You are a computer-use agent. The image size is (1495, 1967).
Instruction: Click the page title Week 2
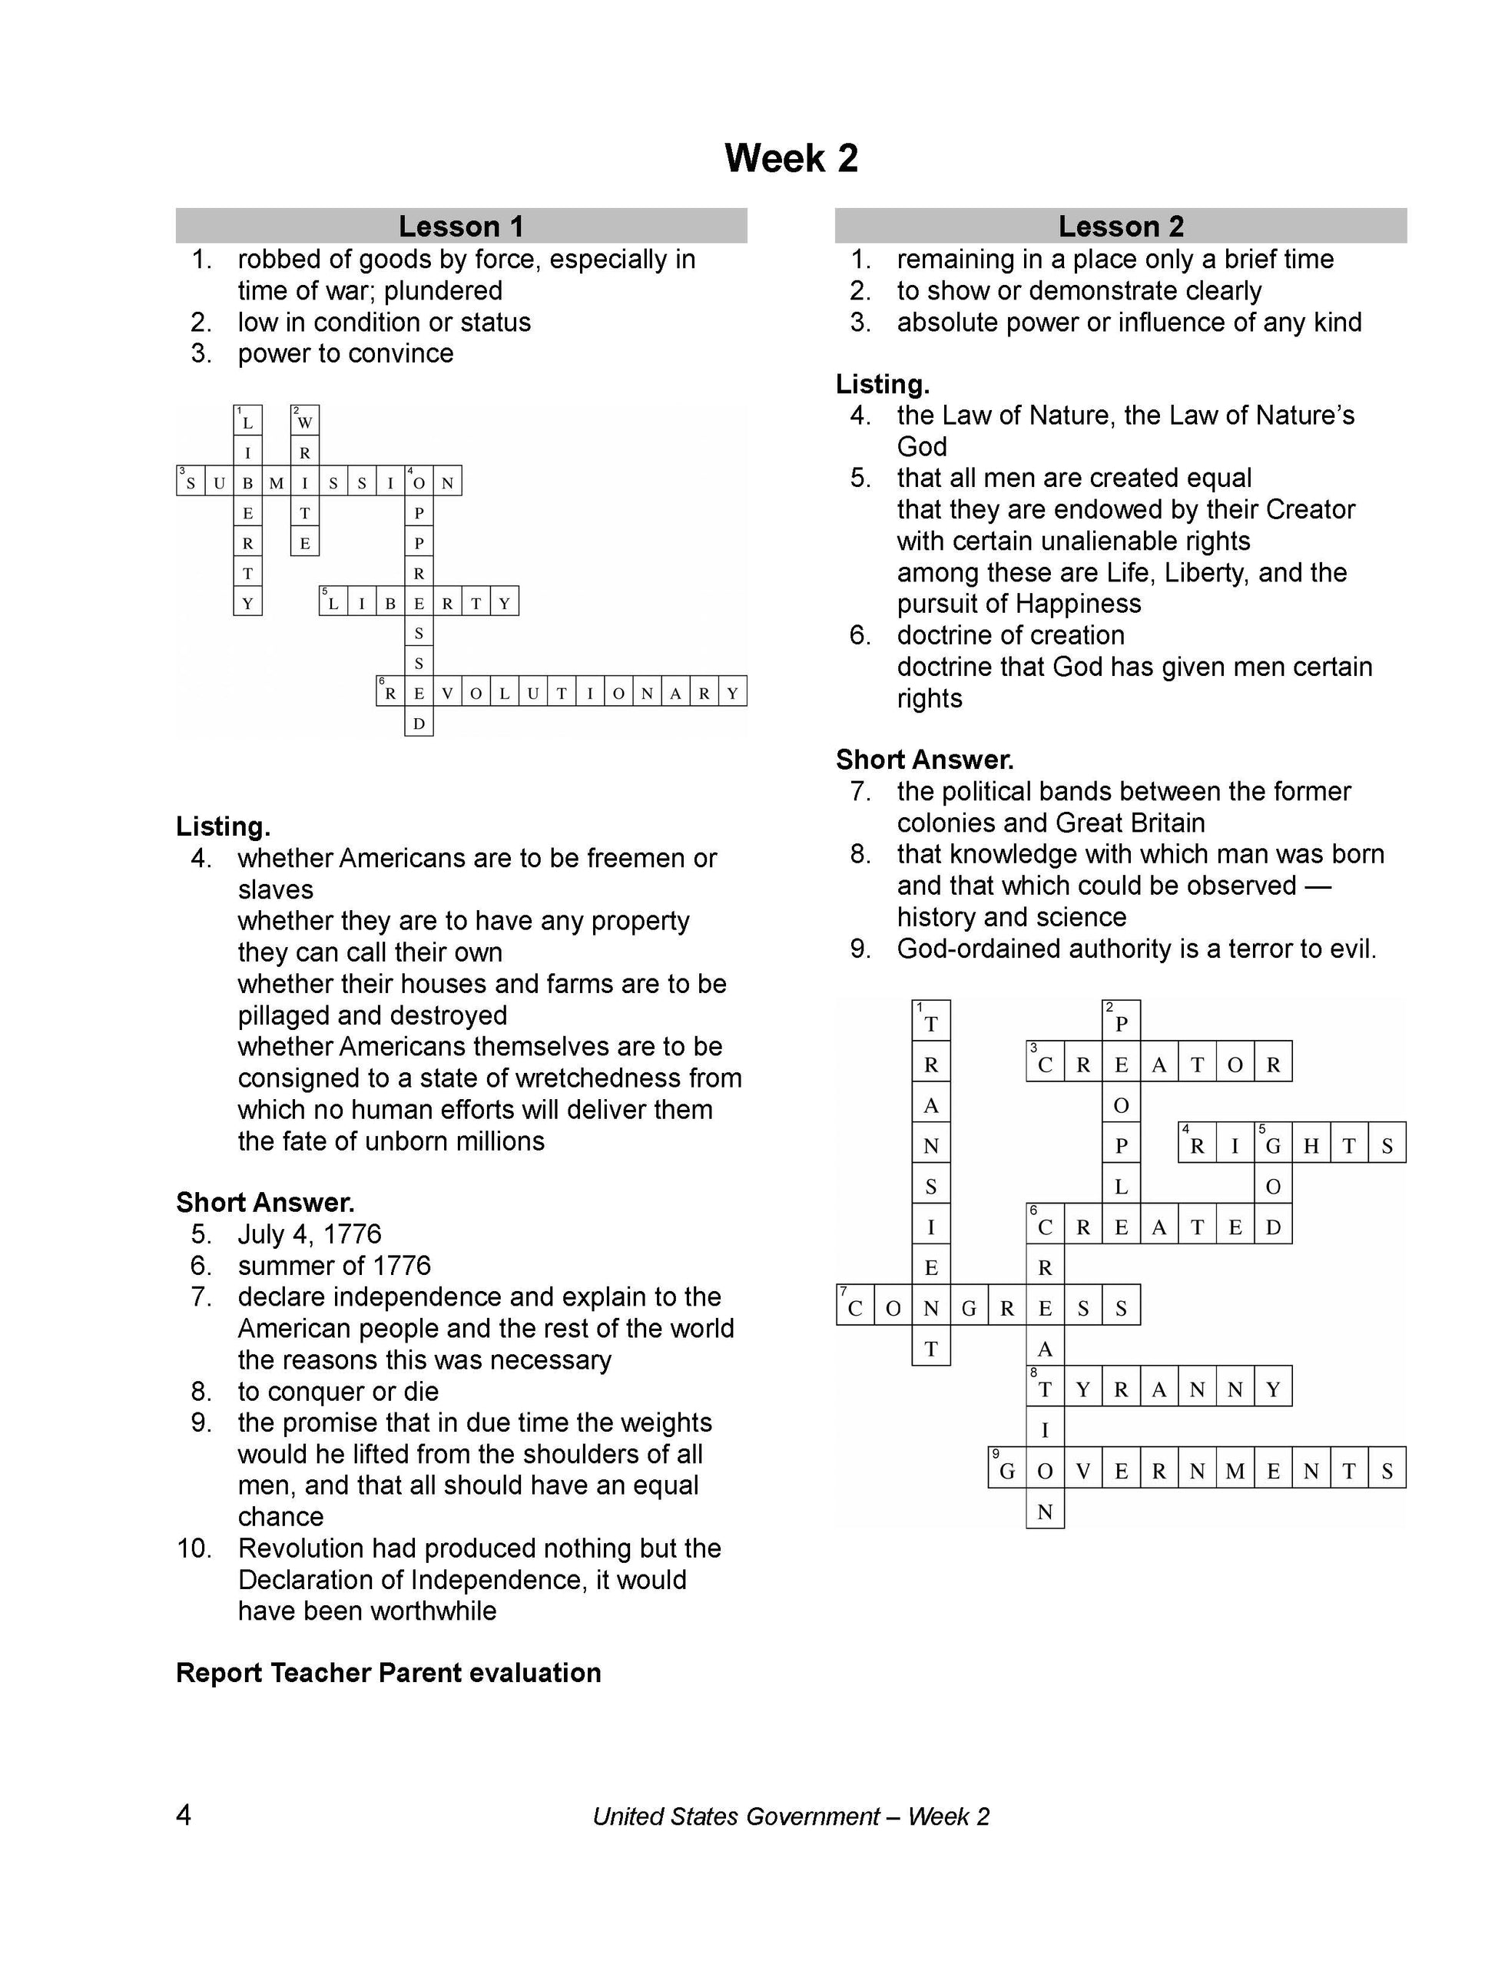(x=791, y=158)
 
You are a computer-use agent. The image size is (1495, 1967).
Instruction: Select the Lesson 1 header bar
(x=461, y=226)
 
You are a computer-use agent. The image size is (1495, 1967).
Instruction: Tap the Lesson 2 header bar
(x=1120, y=226)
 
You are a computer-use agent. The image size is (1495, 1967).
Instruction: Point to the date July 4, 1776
(x=309, y=1234)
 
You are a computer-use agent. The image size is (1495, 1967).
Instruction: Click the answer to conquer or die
(x=337, y=1390)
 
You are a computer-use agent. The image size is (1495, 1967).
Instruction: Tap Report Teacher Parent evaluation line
(x=388, y=1673)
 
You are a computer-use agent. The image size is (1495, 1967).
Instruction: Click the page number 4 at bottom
(x=184, y=1815)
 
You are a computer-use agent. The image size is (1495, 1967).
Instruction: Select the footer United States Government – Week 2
(x=791, y=1816)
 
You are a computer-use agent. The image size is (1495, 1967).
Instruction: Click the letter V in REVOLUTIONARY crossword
(x=448, y=693)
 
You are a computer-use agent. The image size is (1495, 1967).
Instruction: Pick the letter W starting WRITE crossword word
(x=305, y=422)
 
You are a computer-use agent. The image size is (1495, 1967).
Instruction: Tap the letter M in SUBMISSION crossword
(x=277, y=483)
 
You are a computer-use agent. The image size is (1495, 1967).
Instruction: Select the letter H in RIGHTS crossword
(x=1311, y=1147)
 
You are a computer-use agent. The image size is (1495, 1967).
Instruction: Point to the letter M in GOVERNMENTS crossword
(x=1235, y=1472)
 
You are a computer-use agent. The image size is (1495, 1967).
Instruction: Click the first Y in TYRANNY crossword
(x=1083, y=1389)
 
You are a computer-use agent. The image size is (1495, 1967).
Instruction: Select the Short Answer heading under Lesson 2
(x=925, y=760)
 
